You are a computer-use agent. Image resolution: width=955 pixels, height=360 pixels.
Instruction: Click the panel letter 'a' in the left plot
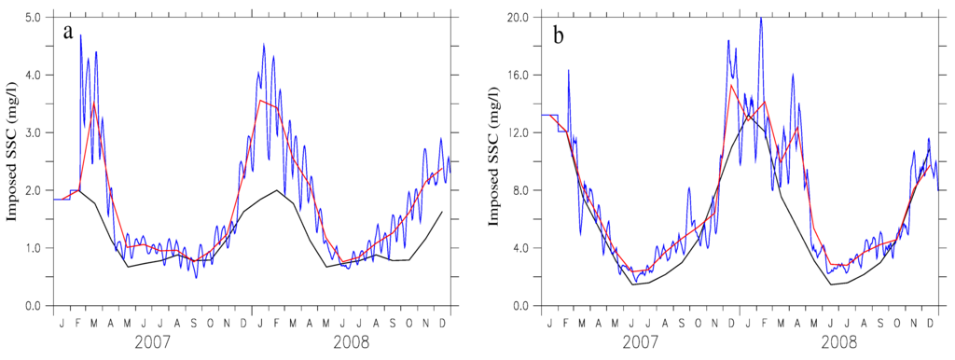[x=69, y=33]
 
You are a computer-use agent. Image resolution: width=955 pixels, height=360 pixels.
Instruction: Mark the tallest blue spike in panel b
[x=761, y=20]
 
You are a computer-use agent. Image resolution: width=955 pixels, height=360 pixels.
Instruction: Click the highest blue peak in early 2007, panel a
[x=80, y=35]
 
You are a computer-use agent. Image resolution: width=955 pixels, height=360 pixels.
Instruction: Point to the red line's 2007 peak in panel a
[x=94, y=103]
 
